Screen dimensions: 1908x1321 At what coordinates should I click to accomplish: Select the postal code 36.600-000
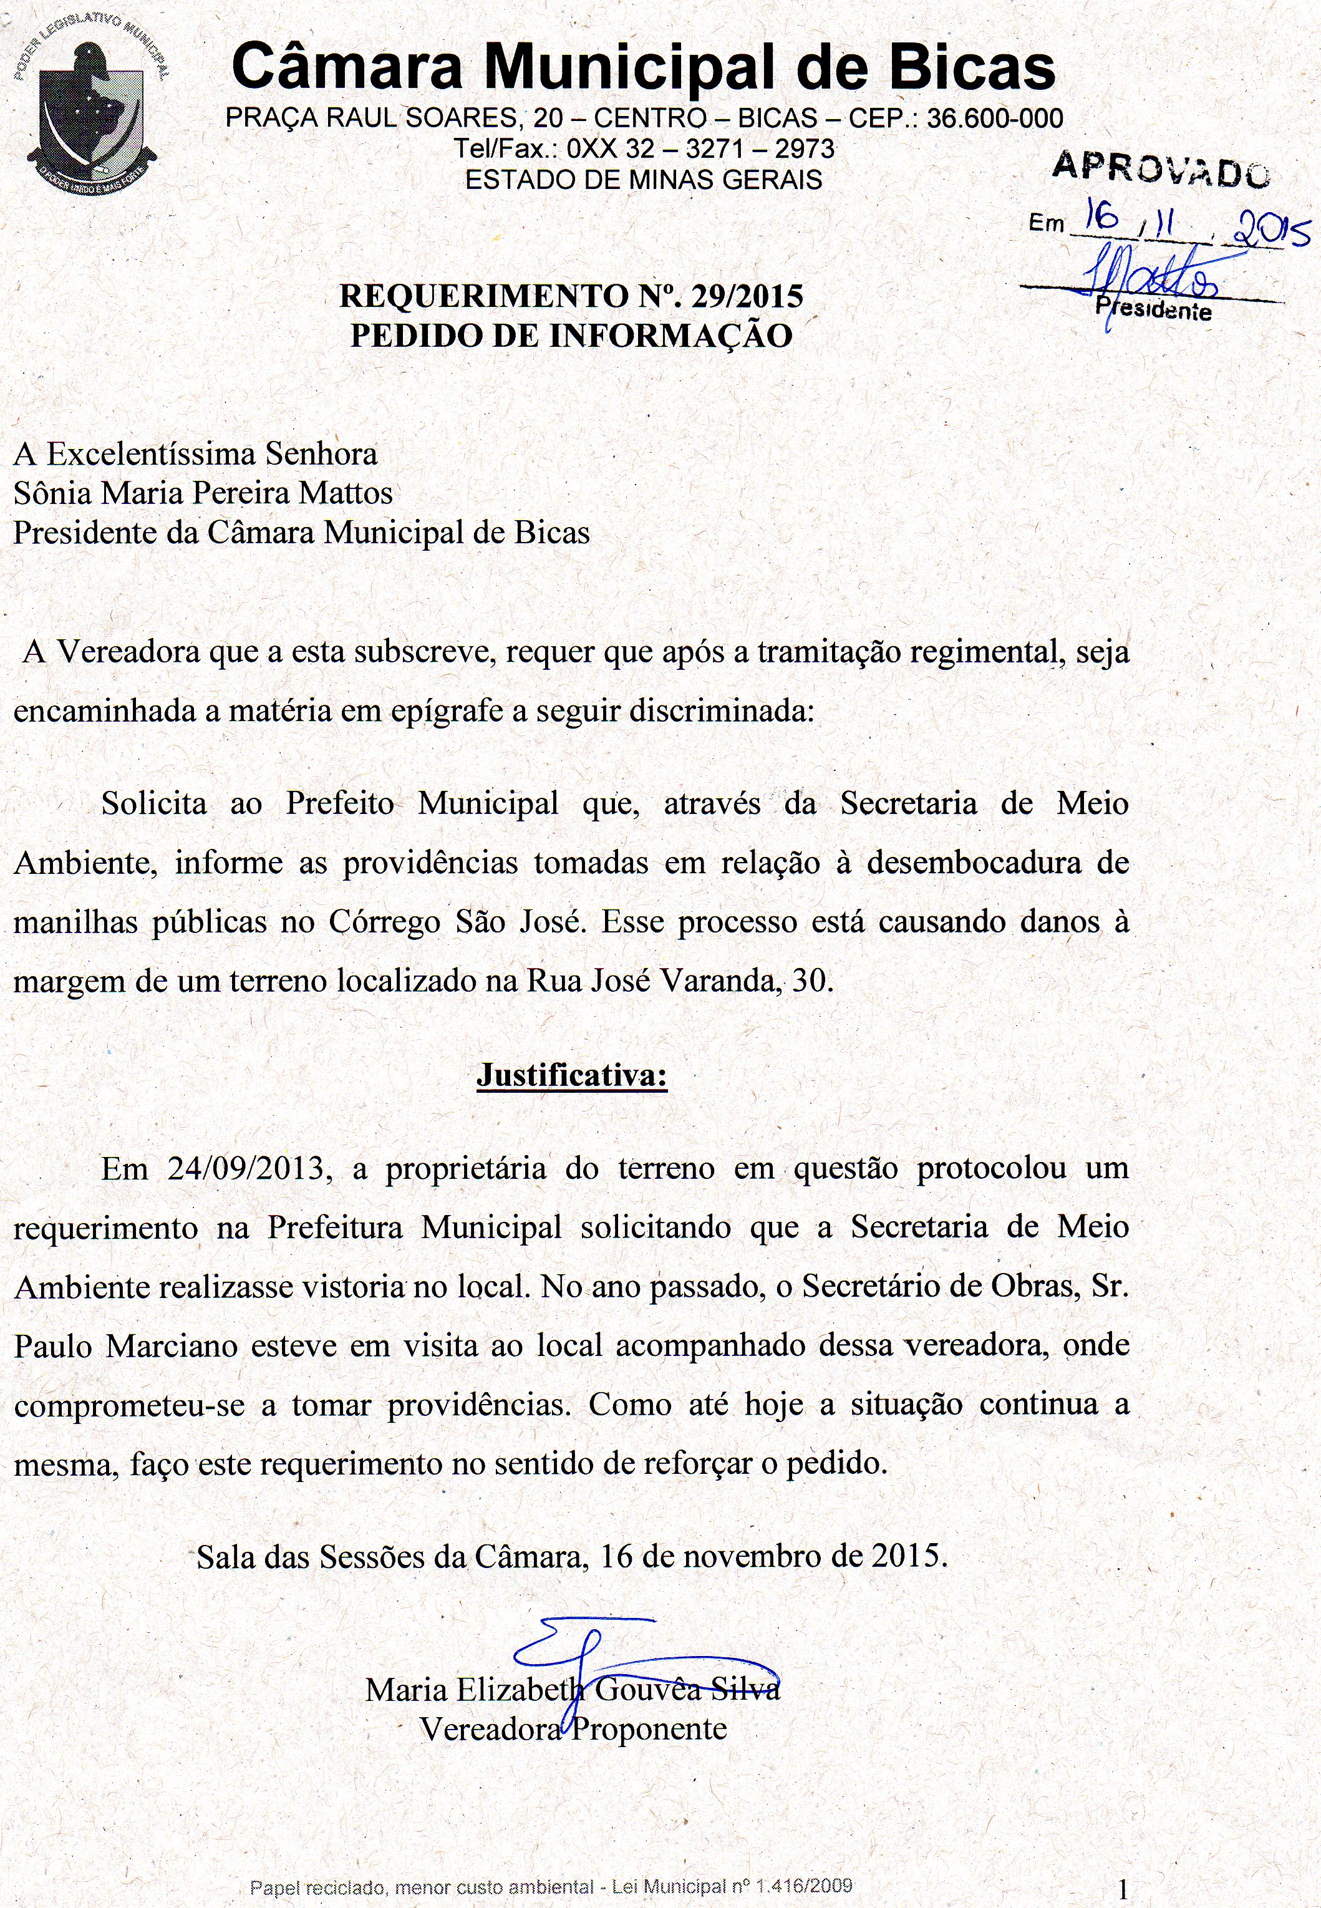995,119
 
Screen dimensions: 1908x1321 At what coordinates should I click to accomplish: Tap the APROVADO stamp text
1161,167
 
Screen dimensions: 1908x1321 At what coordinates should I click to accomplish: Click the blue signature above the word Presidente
1151,278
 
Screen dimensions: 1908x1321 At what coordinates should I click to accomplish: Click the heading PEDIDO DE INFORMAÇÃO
571,335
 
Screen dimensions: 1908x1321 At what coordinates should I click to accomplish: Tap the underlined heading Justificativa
571,1075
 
